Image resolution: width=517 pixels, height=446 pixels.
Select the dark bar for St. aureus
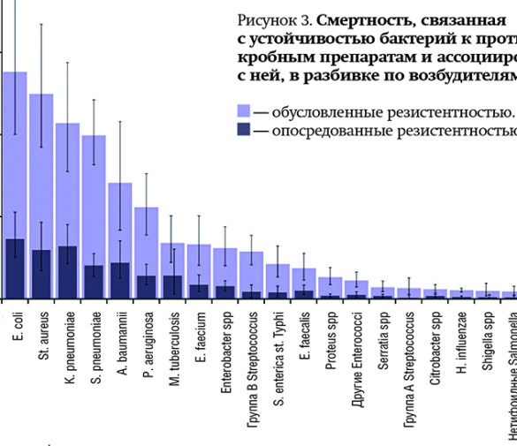[x=41, y=274]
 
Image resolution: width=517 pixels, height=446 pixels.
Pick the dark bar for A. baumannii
[x=119, y=281]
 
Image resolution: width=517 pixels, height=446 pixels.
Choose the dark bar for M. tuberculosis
[x=171, y=287]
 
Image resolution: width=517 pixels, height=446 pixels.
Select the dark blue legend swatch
[x=247, y=132]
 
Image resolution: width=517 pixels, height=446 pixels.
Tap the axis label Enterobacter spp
[x=226, y=353]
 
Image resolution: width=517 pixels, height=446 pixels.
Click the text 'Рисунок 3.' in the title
[x=274, y=19]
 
